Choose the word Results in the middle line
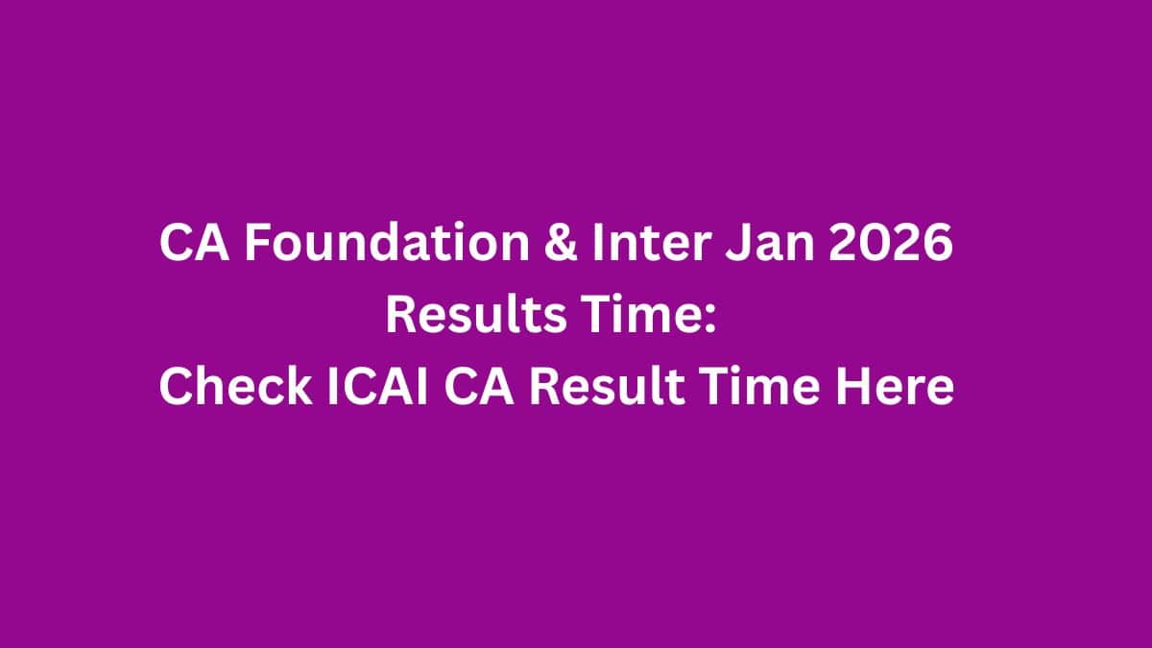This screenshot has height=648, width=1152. [x=475, y=317]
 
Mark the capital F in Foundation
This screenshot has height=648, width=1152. [x=254, y=245]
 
